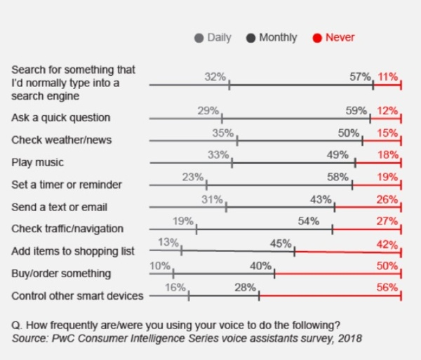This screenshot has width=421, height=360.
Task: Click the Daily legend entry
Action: click(214, 38)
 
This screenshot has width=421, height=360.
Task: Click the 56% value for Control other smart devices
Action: click(387, 288)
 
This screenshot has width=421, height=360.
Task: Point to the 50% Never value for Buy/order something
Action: click(387, 266)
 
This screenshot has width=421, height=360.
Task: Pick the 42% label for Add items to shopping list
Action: click(387, 244)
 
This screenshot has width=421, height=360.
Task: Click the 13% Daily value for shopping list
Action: click(168, 243)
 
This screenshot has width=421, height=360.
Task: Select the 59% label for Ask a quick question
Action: click(356, 110)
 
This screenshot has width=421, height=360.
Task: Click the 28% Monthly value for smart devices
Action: click(245, 288)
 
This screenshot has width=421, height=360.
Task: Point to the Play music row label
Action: click(37, 162)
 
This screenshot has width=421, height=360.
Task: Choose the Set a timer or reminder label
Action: click(67, 185)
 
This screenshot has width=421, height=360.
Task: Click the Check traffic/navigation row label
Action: click(67, 228)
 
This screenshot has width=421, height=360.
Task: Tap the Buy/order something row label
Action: click(61, 273)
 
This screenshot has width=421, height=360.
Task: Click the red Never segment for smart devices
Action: click(330, 297)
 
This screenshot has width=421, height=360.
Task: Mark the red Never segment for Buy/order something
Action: click(337, 275)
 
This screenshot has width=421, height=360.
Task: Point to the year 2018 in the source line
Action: click(350, 338)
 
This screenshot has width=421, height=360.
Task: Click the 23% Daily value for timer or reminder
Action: click(192, 178)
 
